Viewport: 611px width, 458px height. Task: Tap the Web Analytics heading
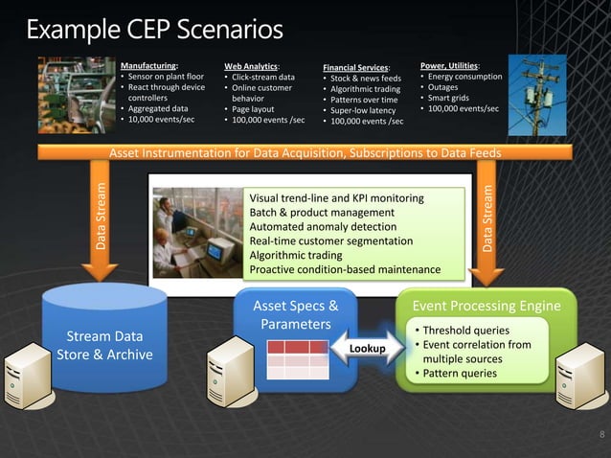click(252, 65)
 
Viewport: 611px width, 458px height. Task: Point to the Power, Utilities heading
click(450, 64)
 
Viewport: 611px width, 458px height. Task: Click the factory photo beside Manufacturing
click(76, 94)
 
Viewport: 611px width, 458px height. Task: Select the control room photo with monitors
click(195, 228)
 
